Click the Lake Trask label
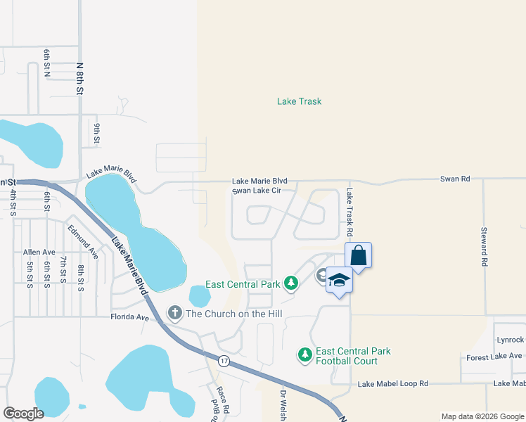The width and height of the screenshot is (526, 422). [299, 101]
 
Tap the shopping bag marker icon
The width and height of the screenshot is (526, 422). [358, 255]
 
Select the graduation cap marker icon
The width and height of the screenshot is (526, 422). [339, 281]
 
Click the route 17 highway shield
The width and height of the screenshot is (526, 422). [224, 361]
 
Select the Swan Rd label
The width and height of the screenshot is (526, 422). [455, 179]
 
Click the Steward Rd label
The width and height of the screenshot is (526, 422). [484, 245]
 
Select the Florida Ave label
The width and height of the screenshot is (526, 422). [130, 317]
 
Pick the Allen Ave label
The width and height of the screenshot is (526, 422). [39, 252]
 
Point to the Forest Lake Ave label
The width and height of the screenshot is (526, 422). [495, 357]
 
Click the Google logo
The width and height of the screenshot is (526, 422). [23, 413]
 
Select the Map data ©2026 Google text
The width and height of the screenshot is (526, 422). [482, 416]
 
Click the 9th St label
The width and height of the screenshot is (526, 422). [98, 132]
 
